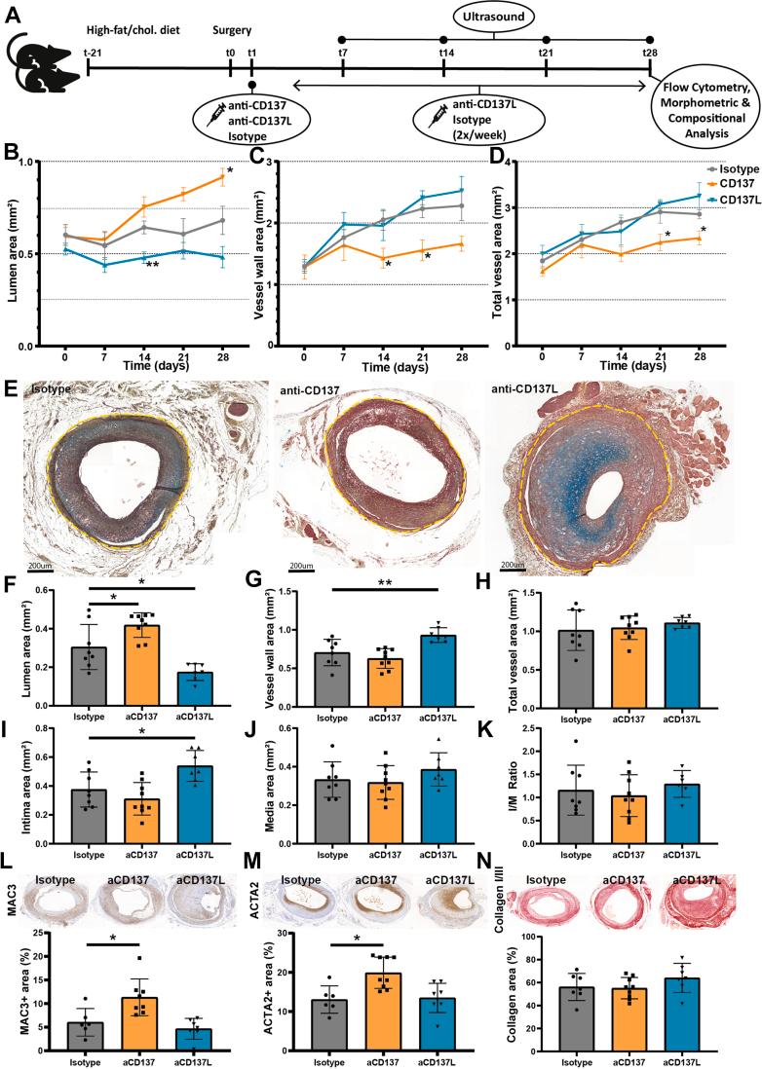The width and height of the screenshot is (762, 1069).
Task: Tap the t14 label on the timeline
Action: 445,52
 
